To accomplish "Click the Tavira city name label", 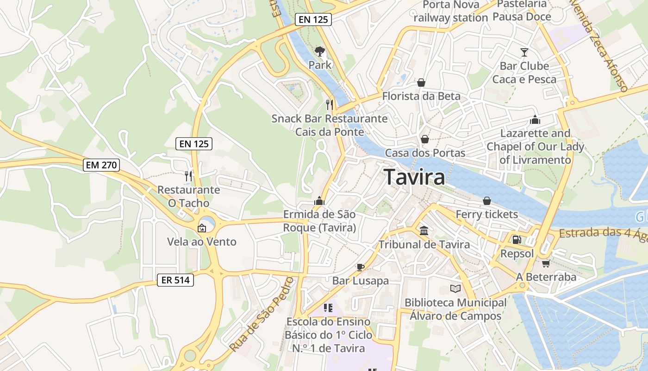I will click(414, 177).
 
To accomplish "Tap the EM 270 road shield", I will click(102, 165).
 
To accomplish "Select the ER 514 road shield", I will click(175, 280).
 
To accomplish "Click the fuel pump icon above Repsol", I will click(517, 240).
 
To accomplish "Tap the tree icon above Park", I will click(319, 51).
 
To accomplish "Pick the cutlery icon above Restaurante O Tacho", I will click(188, 176).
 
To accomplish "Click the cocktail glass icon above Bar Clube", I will click(524, 52).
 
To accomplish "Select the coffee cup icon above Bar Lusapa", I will click(360, 267).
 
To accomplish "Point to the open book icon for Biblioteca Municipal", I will click(455, 288).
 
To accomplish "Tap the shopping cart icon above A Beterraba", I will click(546, 263).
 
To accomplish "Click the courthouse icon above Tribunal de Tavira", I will click(424, 230).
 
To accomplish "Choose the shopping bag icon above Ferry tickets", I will click(486, 200).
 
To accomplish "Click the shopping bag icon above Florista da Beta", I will click(421, 83).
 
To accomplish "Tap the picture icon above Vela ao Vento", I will click(202, 228).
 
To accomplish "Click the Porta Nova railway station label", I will click(450, 11).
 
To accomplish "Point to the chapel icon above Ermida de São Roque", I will click(319, 200).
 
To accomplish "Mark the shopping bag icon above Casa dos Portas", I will click(424, 139).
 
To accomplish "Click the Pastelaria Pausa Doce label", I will click(522, 11).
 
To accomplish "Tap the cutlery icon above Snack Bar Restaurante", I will click(330, 104).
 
